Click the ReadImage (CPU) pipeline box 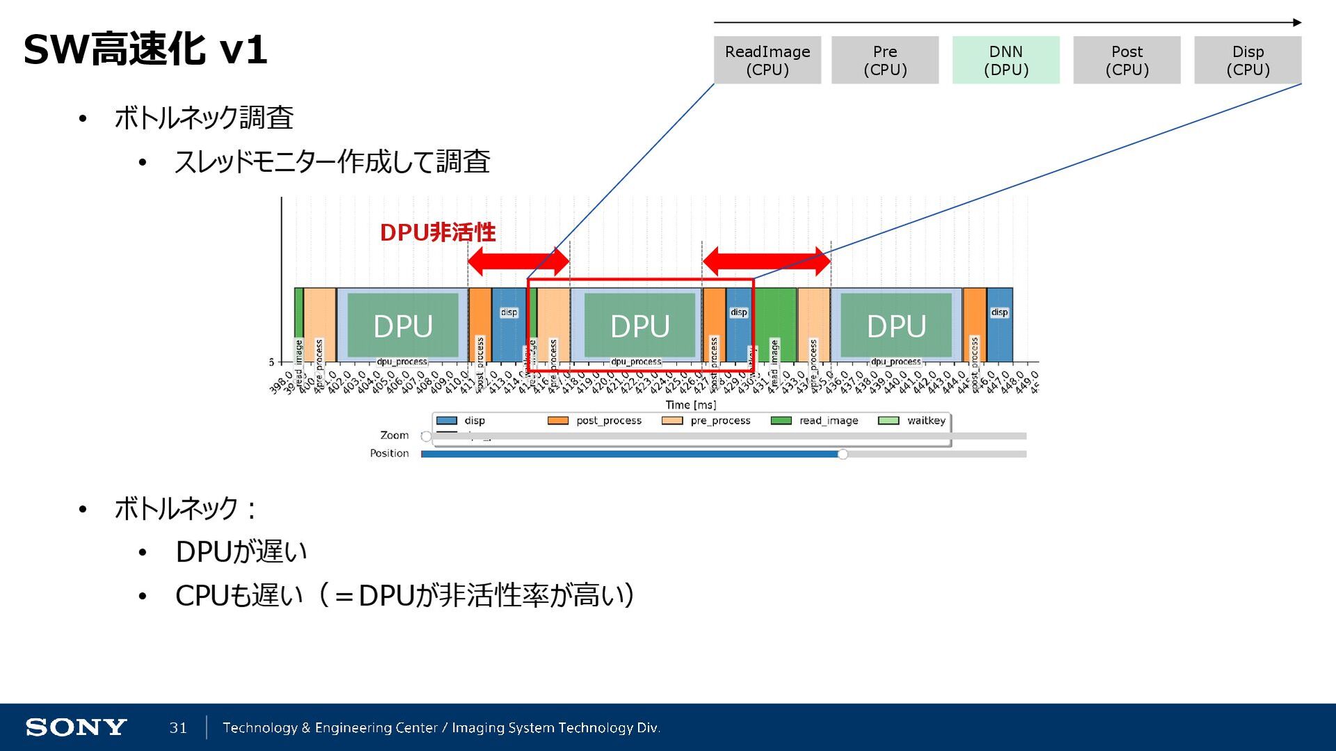click(x=767, y=61)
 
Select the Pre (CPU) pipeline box click(x=884, y=61)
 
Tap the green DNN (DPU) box click(x=1005, y=61)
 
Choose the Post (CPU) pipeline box click(x=1127, y=61)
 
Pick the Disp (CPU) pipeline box click(x=1248, y=61)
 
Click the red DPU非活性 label click(x=438, y=232)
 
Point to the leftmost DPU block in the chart click(x=403, y=326)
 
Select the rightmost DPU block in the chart click(x=896, y=326)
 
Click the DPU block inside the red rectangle click(x=639, y=326)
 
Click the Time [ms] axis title click(x=690, y=405)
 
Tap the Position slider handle click(x=843, y=454)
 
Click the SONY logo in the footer click(x=76, y=727)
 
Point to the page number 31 click(x=178, y=727)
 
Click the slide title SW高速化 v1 click(x=145, y=50)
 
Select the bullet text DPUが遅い click(x=241, y=552)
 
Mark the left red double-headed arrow click(x=518, y=262)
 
